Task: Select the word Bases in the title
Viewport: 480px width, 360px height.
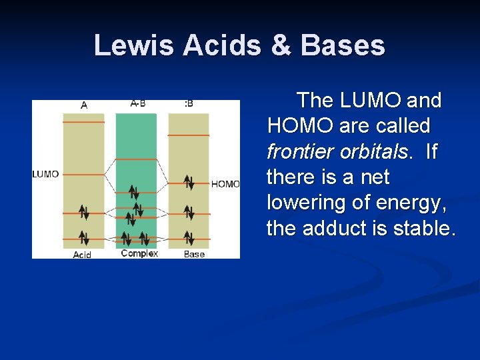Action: [343, 45]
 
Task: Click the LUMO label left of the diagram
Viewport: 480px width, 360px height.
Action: [45, 174]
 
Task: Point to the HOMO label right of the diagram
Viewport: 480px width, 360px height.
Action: [225, 184]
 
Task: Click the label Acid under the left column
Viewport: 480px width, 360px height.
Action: [82, 255]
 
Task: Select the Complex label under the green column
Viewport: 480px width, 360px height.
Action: [139, 253]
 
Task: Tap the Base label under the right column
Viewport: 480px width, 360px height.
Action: [194, 254]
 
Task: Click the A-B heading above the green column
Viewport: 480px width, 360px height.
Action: [138, 103]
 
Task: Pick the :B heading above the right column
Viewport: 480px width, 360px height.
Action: [189, 103]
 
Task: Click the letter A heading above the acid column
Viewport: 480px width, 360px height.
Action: [84, 105]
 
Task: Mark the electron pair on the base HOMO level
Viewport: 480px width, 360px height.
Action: [189, 181]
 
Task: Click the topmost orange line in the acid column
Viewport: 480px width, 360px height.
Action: [84, 123]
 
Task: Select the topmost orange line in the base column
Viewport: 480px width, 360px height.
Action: [189, 135]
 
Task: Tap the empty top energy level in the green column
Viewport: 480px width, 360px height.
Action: [136, 159]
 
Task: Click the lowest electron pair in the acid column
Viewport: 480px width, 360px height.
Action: [84, 237]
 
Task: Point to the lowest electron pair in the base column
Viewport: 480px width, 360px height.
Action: [189, 237]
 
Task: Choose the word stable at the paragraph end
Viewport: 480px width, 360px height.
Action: [425, 228]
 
